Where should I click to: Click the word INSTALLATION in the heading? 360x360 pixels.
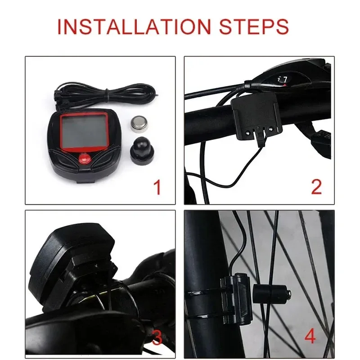134,27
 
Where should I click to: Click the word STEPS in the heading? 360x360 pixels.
254,27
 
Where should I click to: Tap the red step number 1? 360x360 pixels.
157,187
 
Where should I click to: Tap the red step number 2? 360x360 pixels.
316,187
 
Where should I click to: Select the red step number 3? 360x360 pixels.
157,337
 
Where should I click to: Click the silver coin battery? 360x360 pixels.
139,124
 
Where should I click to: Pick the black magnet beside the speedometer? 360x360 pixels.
141,150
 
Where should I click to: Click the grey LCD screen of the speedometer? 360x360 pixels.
85,132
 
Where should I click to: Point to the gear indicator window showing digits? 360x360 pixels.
282,80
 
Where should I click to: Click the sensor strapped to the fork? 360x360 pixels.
237,298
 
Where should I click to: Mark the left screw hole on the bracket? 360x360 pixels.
248,132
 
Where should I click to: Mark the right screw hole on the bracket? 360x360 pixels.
271,129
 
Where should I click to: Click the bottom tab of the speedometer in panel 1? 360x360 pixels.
85,181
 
